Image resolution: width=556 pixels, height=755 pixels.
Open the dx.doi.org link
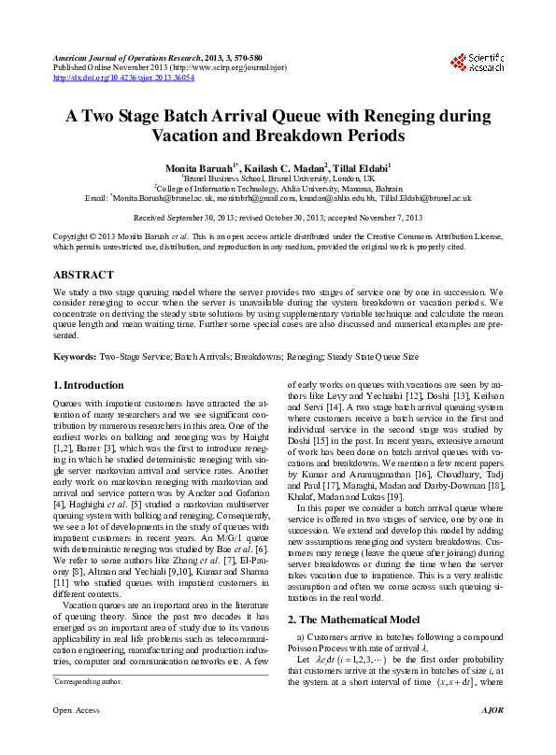click(123, 78)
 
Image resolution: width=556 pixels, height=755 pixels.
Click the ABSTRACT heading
click(83, 276)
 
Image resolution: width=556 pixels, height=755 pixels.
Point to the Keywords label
click(74, 357)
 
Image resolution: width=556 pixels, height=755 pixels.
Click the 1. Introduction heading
click(88, 385)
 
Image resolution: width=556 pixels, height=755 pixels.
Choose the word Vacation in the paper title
click(193, 135)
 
